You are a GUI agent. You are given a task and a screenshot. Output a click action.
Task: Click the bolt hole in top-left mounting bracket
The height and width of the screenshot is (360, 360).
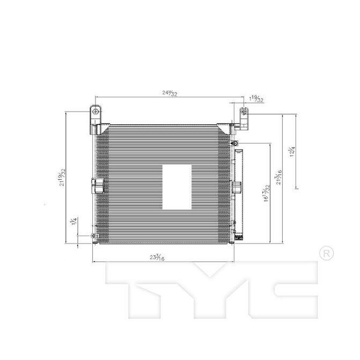pos(94,113)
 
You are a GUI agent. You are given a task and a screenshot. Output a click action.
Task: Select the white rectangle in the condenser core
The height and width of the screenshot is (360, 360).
pos(177,187)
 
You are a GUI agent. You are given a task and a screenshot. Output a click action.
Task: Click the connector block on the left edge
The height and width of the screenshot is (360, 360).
pos(97,185)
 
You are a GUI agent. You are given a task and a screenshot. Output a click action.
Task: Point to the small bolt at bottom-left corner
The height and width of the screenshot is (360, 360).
pos(93,236)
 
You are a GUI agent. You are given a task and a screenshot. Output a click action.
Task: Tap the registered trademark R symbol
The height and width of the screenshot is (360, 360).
pos(325,252)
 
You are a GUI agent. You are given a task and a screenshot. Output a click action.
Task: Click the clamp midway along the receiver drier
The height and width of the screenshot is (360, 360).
pos(236,186)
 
